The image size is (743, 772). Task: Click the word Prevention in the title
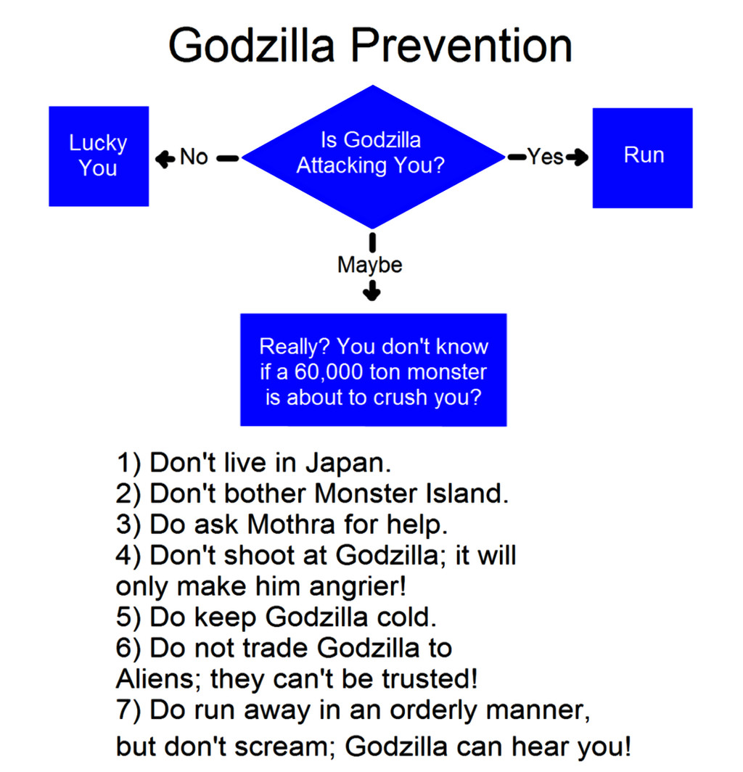click(461, 45)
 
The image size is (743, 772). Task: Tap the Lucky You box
click(99, 156)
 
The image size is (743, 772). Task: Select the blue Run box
click(643, 157)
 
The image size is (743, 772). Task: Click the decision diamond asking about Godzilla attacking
click(373, 157)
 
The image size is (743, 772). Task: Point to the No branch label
click(194, 157)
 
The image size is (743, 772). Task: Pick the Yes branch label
click(546, 157)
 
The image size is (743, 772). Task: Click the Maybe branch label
click(370, 265)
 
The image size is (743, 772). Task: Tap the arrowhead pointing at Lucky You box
click(165, 159)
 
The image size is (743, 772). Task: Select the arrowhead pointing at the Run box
click(579, 157)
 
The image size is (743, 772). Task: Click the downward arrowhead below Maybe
click(371, 292)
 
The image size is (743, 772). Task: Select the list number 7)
click(128, 710)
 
